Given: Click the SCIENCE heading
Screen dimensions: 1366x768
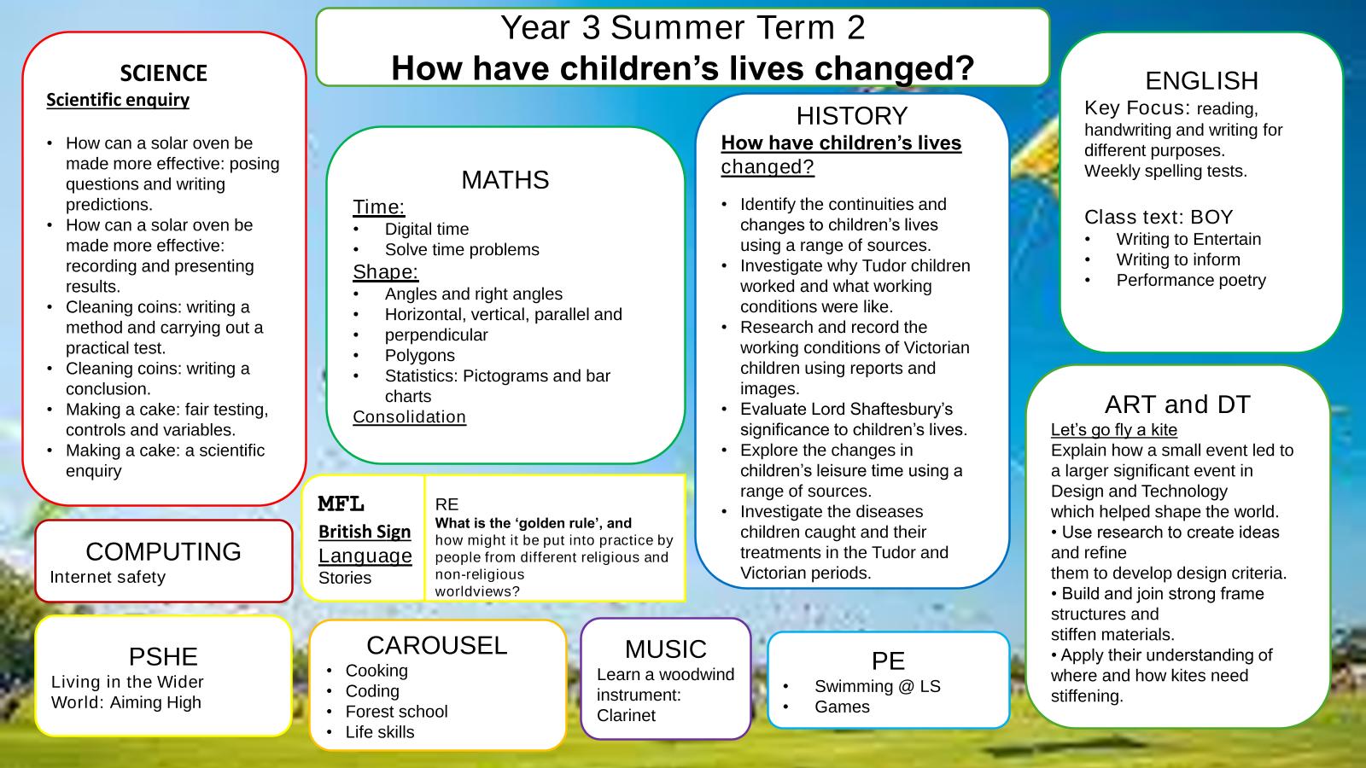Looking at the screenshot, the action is click(x=163, y=73).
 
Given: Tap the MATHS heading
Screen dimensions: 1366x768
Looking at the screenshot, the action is click(x=505, y=180).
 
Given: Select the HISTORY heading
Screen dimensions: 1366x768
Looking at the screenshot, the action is click(x=852, y=116).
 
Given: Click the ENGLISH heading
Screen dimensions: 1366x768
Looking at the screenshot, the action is click(x=1201, y=80).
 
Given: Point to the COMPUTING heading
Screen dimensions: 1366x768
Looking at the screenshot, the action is click(x=163, y=551).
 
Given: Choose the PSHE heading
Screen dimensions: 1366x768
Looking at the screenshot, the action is click(x=163, y=656).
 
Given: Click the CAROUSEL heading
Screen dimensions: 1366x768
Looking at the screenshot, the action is click(x=436, y=645).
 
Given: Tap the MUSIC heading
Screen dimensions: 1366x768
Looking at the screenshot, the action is click(x=665, y=649).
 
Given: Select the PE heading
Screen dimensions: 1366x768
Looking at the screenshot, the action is click(x=888, y=660).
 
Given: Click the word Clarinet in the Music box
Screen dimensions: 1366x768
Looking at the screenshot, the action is click(x=626, y=716).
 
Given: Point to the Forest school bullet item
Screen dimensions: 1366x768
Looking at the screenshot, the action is click(x=396, y=712).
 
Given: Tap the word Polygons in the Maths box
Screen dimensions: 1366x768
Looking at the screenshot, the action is click(x=419, y=355).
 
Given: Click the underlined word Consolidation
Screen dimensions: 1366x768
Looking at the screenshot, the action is click(x=409, y=417).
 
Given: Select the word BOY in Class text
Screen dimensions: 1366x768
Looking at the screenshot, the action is click(x=1211, y=217).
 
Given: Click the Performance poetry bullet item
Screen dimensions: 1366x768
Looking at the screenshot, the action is click(x=1191, y=280).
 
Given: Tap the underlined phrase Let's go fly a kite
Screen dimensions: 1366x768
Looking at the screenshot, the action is click(x=1113, y=430).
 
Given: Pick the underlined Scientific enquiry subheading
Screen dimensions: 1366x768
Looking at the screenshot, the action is click(x=118, y=100).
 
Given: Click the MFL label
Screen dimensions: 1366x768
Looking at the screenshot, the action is click(x=341, y=504).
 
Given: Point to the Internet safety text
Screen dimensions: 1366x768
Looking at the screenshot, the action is click(x=108, y=577).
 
